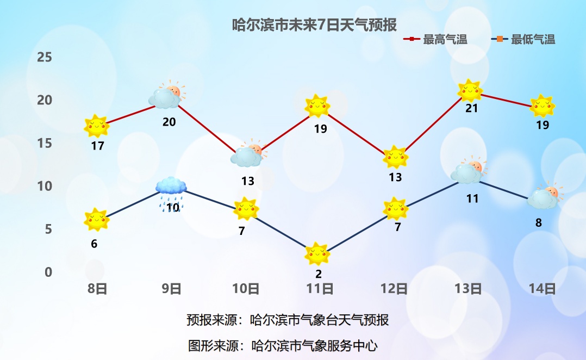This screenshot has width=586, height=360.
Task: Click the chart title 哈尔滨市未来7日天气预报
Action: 315,25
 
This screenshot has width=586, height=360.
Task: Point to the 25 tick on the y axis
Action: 45,57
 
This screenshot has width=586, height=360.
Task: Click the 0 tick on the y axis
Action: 48,271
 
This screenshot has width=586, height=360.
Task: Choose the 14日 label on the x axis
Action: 543,288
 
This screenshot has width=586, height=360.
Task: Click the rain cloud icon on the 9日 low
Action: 171,188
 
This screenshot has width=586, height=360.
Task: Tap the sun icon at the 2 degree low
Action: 317,253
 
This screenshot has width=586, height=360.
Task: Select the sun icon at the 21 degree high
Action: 470,91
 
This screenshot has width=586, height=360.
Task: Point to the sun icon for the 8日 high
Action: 97,126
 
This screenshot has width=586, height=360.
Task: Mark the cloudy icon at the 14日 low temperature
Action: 544,198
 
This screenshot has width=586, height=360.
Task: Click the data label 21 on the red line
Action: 471,108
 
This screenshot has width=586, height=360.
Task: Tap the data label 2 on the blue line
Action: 319,274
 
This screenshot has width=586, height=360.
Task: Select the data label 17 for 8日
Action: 97,146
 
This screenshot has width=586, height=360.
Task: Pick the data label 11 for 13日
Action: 472,198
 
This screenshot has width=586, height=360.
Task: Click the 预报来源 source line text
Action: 288,320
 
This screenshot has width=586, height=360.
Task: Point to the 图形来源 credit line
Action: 282,345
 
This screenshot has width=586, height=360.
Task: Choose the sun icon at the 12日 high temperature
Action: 395,158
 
